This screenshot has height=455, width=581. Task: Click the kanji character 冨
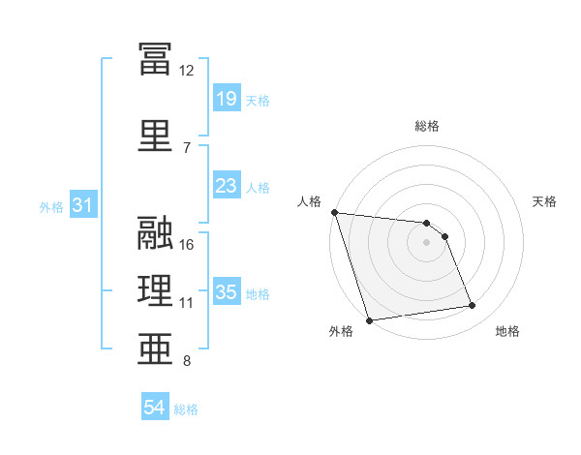(x=155, y=59)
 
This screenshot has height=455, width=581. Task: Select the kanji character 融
(x=155, y=232)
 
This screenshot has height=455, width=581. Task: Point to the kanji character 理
(x=155, y=290)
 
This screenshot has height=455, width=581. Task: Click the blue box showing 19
(x=226, y=99)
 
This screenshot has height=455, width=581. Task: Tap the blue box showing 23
(x=226, y=186)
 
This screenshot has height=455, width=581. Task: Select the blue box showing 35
(x=226, y=292)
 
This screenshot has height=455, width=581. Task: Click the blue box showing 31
(x=82, y=205)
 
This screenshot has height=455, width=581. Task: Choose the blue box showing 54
(x=154, y=408)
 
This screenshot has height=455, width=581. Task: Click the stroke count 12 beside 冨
(x=186, y=70)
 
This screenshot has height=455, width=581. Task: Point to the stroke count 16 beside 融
(x=187, y=244)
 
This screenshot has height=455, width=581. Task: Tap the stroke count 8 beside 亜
(x=187, y=361)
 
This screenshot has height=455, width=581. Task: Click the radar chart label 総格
(x=426, y=126)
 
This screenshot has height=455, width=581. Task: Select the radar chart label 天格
(x=545, y=201)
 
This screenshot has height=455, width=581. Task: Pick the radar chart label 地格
(x=507, y=331)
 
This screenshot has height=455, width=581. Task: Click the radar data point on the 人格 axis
(x=334, y=212)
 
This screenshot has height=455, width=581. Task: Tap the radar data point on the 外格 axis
(x=369, y=319)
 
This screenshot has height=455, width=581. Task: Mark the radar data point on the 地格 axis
(x=473, y=306)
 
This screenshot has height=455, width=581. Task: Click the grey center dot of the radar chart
(x=426, y=242)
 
